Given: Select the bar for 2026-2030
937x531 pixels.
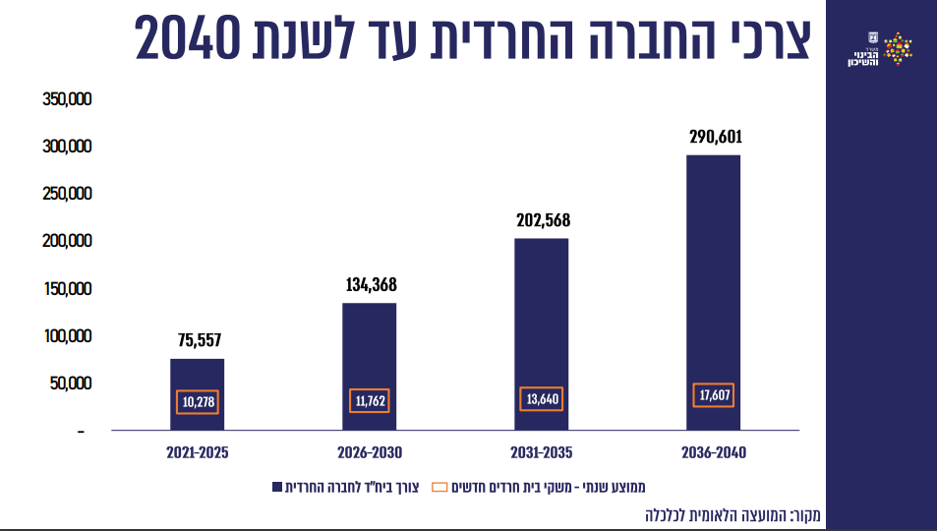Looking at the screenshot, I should (x=370, y=354).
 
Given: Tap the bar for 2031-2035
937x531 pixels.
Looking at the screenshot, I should (x=541, y=315).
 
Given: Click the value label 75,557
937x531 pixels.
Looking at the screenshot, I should (x=200, y=340).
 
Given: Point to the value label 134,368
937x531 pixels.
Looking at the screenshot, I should (x=371, y=285).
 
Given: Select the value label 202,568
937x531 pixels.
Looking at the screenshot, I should (x=543, y=220).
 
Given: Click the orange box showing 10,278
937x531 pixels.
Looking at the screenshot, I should (x=197, y=401).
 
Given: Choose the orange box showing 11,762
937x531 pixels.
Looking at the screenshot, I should (x=370, y=400).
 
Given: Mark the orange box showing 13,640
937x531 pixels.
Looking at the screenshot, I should (x=541, y=398).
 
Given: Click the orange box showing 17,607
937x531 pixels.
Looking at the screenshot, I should (x=713, y=394).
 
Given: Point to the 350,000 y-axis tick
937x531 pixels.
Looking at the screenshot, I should (x=67, y=98).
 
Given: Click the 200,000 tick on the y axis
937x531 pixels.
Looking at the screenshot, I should (x=67, y=241).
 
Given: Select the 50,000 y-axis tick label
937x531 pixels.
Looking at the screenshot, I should (x=71, y=383).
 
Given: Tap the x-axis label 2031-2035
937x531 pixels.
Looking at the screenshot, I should (x=542, y=453).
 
